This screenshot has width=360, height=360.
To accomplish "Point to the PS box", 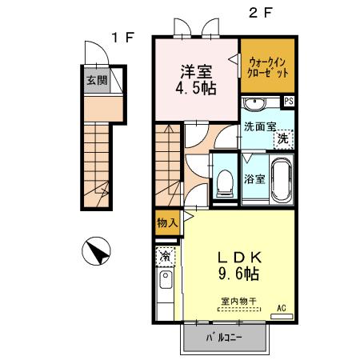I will (288, 101).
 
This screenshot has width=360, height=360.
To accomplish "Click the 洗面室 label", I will (262, 125).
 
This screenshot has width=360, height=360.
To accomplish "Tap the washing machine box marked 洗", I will (282, 139).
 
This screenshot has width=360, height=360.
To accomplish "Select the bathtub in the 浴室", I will (281, 179).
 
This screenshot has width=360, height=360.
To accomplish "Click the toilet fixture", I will (225, 182).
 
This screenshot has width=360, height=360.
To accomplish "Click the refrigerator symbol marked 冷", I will (164, 257).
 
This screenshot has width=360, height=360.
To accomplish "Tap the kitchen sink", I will (165, 281).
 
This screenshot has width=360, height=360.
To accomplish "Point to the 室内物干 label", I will (238, 302).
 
